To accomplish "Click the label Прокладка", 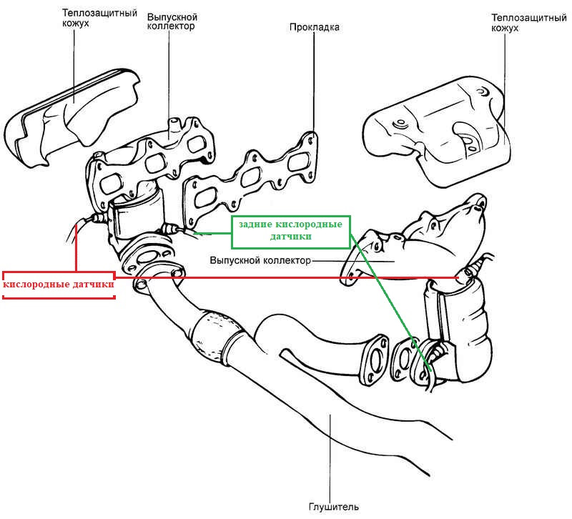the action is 314,27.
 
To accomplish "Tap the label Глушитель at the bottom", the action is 333,507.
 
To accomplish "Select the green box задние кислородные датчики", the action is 291,232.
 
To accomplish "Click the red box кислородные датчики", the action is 59,285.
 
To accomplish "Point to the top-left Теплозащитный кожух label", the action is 99,18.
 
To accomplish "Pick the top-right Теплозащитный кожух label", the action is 528,23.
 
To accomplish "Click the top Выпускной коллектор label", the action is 172,21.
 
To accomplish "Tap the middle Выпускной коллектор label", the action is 260,260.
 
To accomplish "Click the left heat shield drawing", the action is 73,117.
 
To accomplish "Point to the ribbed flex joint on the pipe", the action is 217,335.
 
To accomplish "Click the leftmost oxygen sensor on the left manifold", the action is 96,219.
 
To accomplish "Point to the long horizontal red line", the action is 287,278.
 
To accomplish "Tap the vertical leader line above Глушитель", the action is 330,457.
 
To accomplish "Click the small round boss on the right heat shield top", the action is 400,123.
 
